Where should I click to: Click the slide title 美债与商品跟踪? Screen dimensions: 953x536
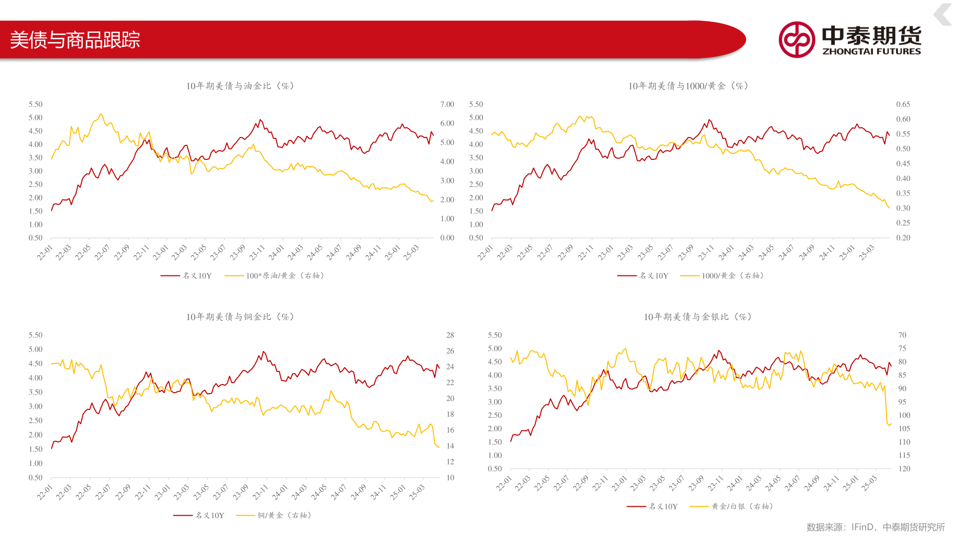pos(75,40)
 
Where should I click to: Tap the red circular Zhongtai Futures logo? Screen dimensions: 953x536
pos(797,39)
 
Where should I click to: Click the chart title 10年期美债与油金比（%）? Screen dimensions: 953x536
pos(241,86)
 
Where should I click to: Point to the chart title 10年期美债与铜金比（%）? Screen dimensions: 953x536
pos(241,317)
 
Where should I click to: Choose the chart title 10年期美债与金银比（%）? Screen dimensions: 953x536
pos(698,317)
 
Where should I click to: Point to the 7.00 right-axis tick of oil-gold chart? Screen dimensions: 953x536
pos(447,104)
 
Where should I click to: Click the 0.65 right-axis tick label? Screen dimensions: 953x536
pos(903,104)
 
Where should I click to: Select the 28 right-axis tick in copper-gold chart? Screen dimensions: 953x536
pos(450,335)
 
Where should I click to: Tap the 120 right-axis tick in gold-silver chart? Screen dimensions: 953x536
pos(904,469)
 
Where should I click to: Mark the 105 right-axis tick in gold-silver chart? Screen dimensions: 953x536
pos(904,428)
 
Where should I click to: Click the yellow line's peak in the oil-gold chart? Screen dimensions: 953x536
pos(101,114)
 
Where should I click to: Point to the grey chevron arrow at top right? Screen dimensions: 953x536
pos(943,14)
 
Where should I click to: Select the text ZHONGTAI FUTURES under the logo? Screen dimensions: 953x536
pos(872,51)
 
